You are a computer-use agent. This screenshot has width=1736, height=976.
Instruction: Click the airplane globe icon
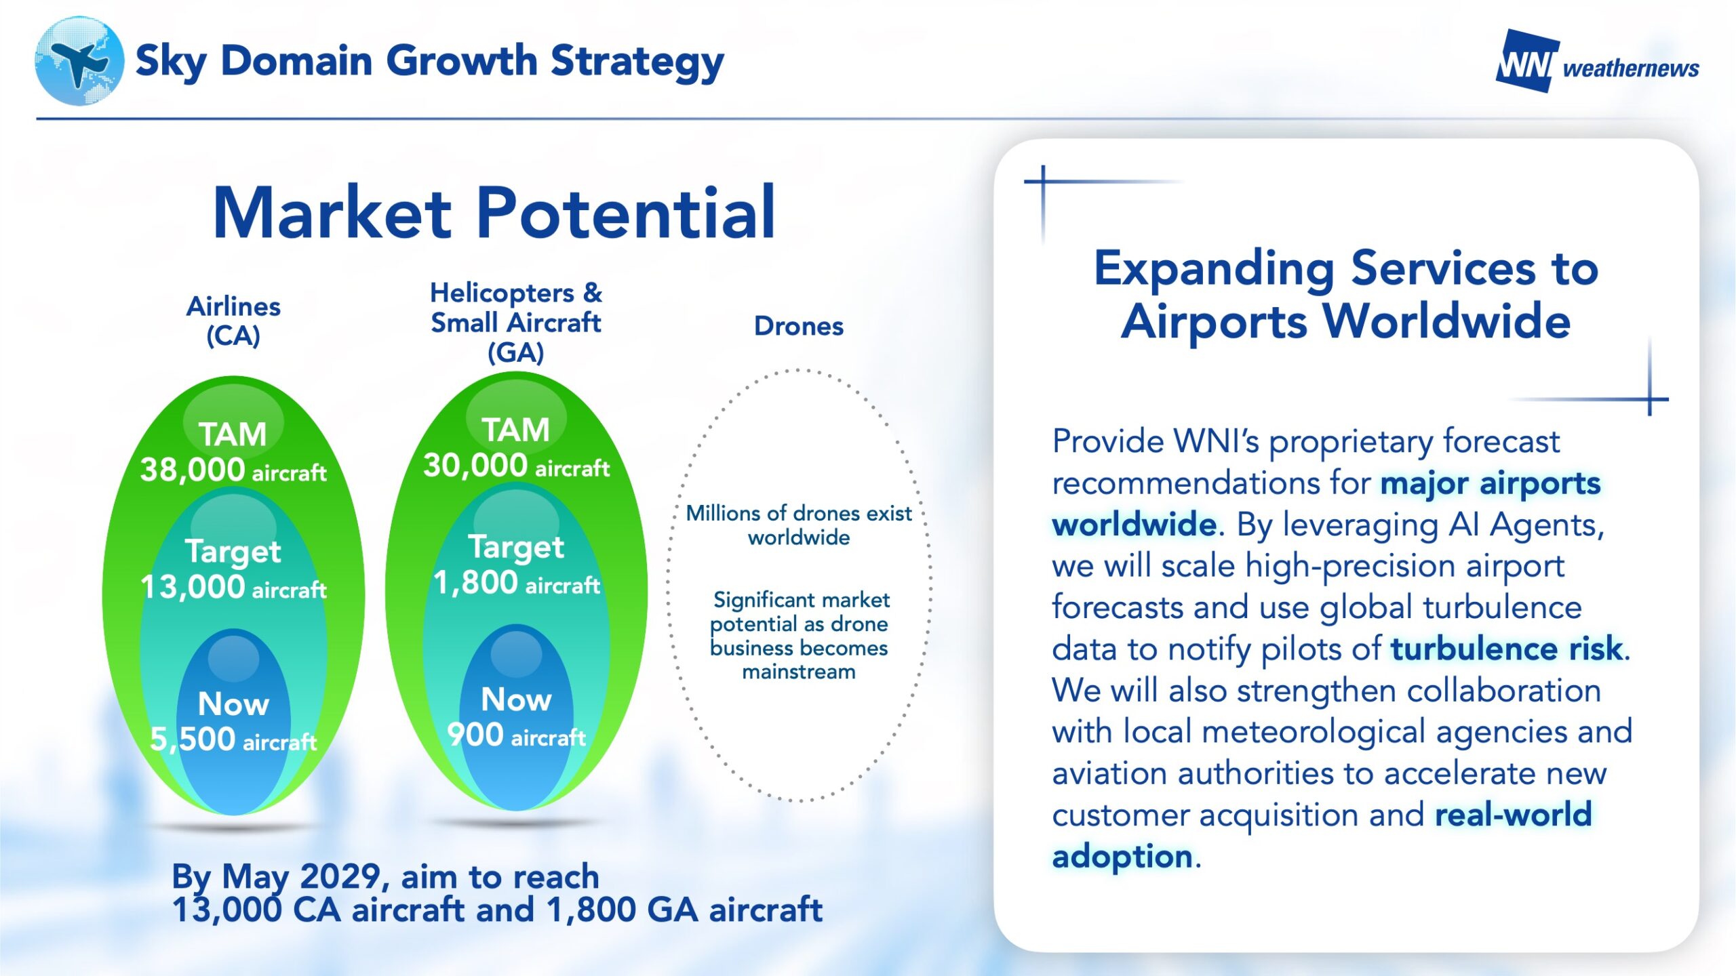pyautogui.click(x=79, y=61)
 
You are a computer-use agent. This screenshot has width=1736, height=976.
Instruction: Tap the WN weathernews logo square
pyautogui.click(x=1526, y=61)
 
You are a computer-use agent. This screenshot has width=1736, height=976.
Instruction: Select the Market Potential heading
pyautogui.click(x=494, y=213)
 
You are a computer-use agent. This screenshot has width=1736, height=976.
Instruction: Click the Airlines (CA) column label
pyautogui.click(x=233, y=321)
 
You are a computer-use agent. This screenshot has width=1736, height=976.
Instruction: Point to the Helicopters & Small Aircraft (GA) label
pyautogui.click(x=516, y=323)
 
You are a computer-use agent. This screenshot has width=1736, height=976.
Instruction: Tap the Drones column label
pyautogui.click(x=799, y=326)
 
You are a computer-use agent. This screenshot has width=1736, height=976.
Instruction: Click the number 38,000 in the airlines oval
pyautogui.click(x=192, y=469)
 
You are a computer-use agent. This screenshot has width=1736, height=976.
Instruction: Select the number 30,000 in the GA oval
pyautogui.click(x=475, y=465)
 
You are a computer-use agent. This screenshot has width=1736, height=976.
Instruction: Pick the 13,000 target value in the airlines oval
pyautogui.click(x=192, y=586)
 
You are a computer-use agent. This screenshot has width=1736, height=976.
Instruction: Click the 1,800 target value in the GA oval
pyautogui.click(x=475, y=582)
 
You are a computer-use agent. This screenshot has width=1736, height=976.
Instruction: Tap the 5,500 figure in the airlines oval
pyautogui.click(x=192, y=739)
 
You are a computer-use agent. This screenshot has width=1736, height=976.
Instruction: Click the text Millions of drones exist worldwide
pyautogui.click(x=799, y=525)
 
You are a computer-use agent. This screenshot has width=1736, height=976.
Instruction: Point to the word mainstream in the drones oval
pyautogui.click(x=799, y=672)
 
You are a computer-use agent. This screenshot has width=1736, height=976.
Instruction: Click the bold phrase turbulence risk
pyautogui.click(x=1507, y=649)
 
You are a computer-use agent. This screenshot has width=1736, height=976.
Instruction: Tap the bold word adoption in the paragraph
pyautogui.click(x=1122, y=856)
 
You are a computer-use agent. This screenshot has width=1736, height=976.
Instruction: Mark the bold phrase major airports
pyautogui.click(x=1491, y=483)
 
